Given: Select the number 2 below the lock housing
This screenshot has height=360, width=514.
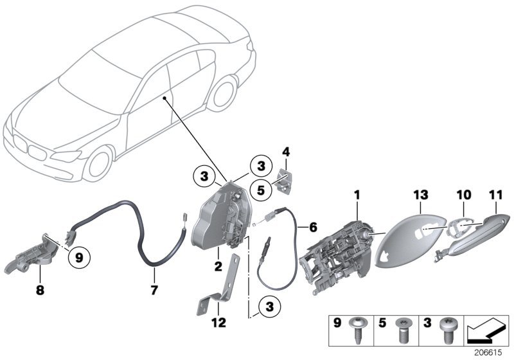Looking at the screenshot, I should coord(219,265).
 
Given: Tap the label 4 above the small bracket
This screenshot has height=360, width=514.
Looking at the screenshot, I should coord(286,152).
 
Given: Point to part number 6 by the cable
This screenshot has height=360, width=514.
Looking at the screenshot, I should coord(313,227).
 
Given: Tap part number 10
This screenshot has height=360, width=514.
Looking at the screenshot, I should coord(464,194).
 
